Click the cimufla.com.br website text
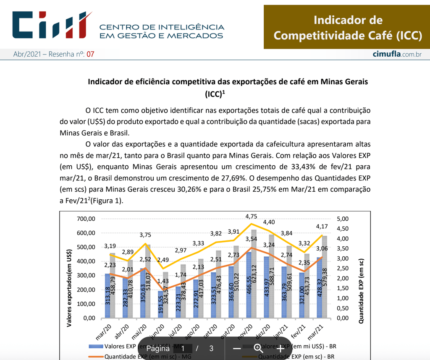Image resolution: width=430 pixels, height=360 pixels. pos(397,54)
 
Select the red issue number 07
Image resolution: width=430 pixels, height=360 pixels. pos(90,54)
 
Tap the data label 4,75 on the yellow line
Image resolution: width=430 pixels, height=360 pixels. pos(251,217)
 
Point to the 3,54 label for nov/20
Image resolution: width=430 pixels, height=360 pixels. pos(251,239)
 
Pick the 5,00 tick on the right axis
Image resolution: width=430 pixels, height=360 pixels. pos(343,219)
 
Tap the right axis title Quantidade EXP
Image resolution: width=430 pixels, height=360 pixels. pos(361,290)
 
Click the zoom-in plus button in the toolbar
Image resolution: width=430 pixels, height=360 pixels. pos(281,349)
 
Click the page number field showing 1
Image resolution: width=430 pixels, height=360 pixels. pos(183,349)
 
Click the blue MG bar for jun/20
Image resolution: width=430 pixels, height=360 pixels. pos(160,304)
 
